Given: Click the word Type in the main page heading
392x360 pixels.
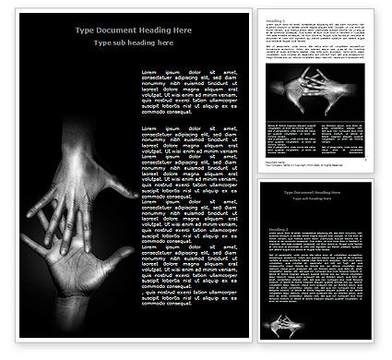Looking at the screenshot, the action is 86,30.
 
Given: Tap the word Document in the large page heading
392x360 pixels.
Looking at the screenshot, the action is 120,30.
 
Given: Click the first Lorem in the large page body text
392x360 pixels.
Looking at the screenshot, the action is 151,71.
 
